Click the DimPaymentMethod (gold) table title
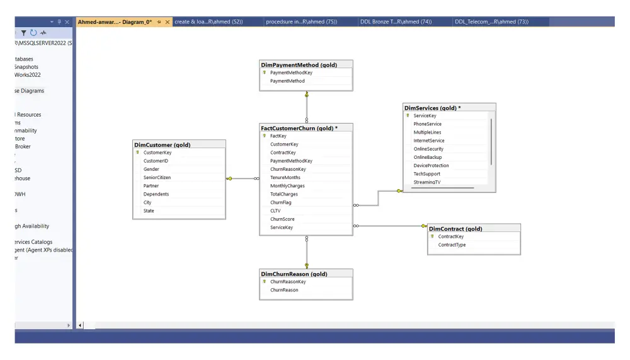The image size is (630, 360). pyautogui.click(x=299, y=64)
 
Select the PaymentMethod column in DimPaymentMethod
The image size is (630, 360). pyautogui.click(x=287, y=81)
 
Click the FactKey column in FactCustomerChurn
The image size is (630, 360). pyautogui.click(x=278, y=136)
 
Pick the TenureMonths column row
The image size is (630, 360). pyautogui.click(x=285, y=178)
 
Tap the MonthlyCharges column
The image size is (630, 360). pyautogui.click(x=287, y=186)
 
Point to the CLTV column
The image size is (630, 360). pyautogui.click(x=275, y=211)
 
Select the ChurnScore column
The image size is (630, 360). pyautogui.click(x=282, y=219)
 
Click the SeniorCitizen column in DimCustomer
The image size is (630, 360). pyautogui.click(x=157, y=177)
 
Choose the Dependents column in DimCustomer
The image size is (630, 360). pyautogui.click(x=156, y=194)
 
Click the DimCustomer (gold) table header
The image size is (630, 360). pyautogui.click(x=163, y=144)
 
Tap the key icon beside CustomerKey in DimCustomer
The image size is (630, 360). pyautogui.click(x=137, y=153)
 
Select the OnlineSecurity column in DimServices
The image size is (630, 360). pyautogui.click(x=428, y=149)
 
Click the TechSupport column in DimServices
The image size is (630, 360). pyautogui.click(x=427, y=173)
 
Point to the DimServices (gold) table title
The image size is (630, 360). pyautogui.click(x=432, y=108)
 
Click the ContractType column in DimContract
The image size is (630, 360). pyautogui.click(x=452, y=245)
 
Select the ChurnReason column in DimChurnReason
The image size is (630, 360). pyautogui.click(x=284, y=290)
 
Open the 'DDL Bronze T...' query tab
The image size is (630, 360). pyautogui.click(x=396, y=21)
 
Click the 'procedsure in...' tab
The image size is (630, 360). pyautogui.click(x=301, y=21)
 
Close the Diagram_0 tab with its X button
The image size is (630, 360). pyautogui.click(x=167, y=22)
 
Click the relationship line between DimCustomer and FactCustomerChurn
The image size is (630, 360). pyautogui.click(x=243, y=178)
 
